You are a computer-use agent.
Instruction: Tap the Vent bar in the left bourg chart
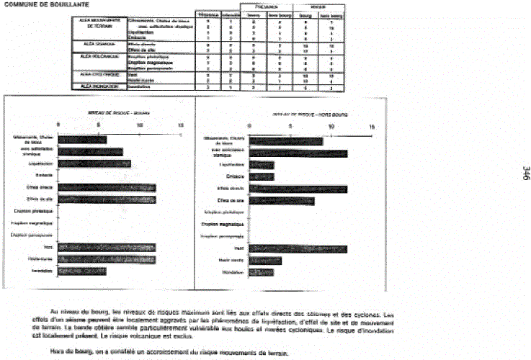coord(107,247)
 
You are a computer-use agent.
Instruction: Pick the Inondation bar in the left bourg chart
coord(82,271)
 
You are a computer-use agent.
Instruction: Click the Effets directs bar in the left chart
coord(107,187)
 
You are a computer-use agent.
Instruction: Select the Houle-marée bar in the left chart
coord(107,259)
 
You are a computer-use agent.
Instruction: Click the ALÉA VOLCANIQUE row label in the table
coord(100,54)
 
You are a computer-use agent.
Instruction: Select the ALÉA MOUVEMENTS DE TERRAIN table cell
coord(100,23)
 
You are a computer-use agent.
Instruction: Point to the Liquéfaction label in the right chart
coord(232,165)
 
